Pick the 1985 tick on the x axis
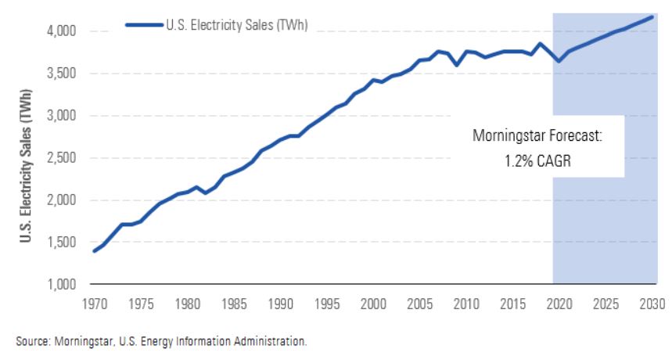pos(234,303)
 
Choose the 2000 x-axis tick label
pos(373,303)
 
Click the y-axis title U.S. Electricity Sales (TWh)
pos(25,158)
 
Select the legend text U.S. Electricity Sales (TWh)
pos(236,25)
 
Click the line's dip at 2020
pos(558,61)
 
